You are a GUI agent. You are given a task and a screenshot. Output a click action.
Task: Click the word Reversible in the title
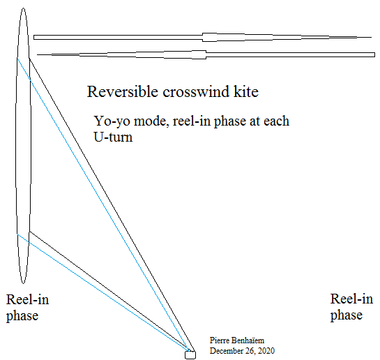(123, 91)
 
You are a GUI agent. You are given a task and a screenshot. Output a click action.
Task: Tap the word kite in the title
(246, 91)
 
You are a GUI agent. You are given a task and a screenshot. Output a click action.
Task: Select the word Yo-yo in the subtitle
(112, 121)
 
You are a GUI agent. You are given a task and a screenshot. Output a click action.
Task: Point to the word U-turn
(113, 137)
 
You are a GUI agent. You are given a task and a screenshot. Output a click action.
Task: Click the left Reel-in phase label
(27, 308)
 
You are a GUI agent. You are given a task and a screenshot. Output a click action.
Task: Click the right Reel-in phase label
(351, 307)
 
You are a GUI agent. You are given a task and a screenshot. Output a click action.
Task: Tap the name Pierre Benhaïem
(237, 340)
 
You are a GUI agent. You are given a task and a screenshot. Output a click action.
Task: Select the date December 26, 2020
(242, 351)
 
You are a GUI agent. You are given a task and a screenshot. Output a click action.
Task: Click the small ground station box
(190, 355)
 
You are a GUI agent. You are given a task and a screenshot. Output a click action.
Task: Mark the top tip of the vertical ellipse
(23, 8)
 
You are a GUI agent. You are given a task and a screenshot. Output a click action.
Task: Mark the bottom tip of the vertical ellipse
(23, 283)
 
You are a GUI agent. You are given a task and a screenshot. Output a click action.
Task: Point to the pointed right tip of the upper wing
(371, 38)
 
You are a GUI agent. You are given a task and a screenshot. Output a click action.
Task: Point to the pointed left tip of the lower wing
(38, 55)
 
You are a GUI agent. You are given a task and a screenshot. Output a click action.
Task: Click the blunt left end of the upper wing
(34, 38)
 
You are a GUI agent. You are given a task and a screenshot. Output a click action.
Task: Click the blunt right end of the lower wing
(374, 55)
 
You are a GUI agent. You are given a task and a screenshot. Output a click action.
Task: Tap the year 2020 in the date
(266, 351)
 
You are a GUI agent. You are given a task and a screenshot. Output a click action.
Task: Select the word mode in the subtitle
(151, 121)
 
